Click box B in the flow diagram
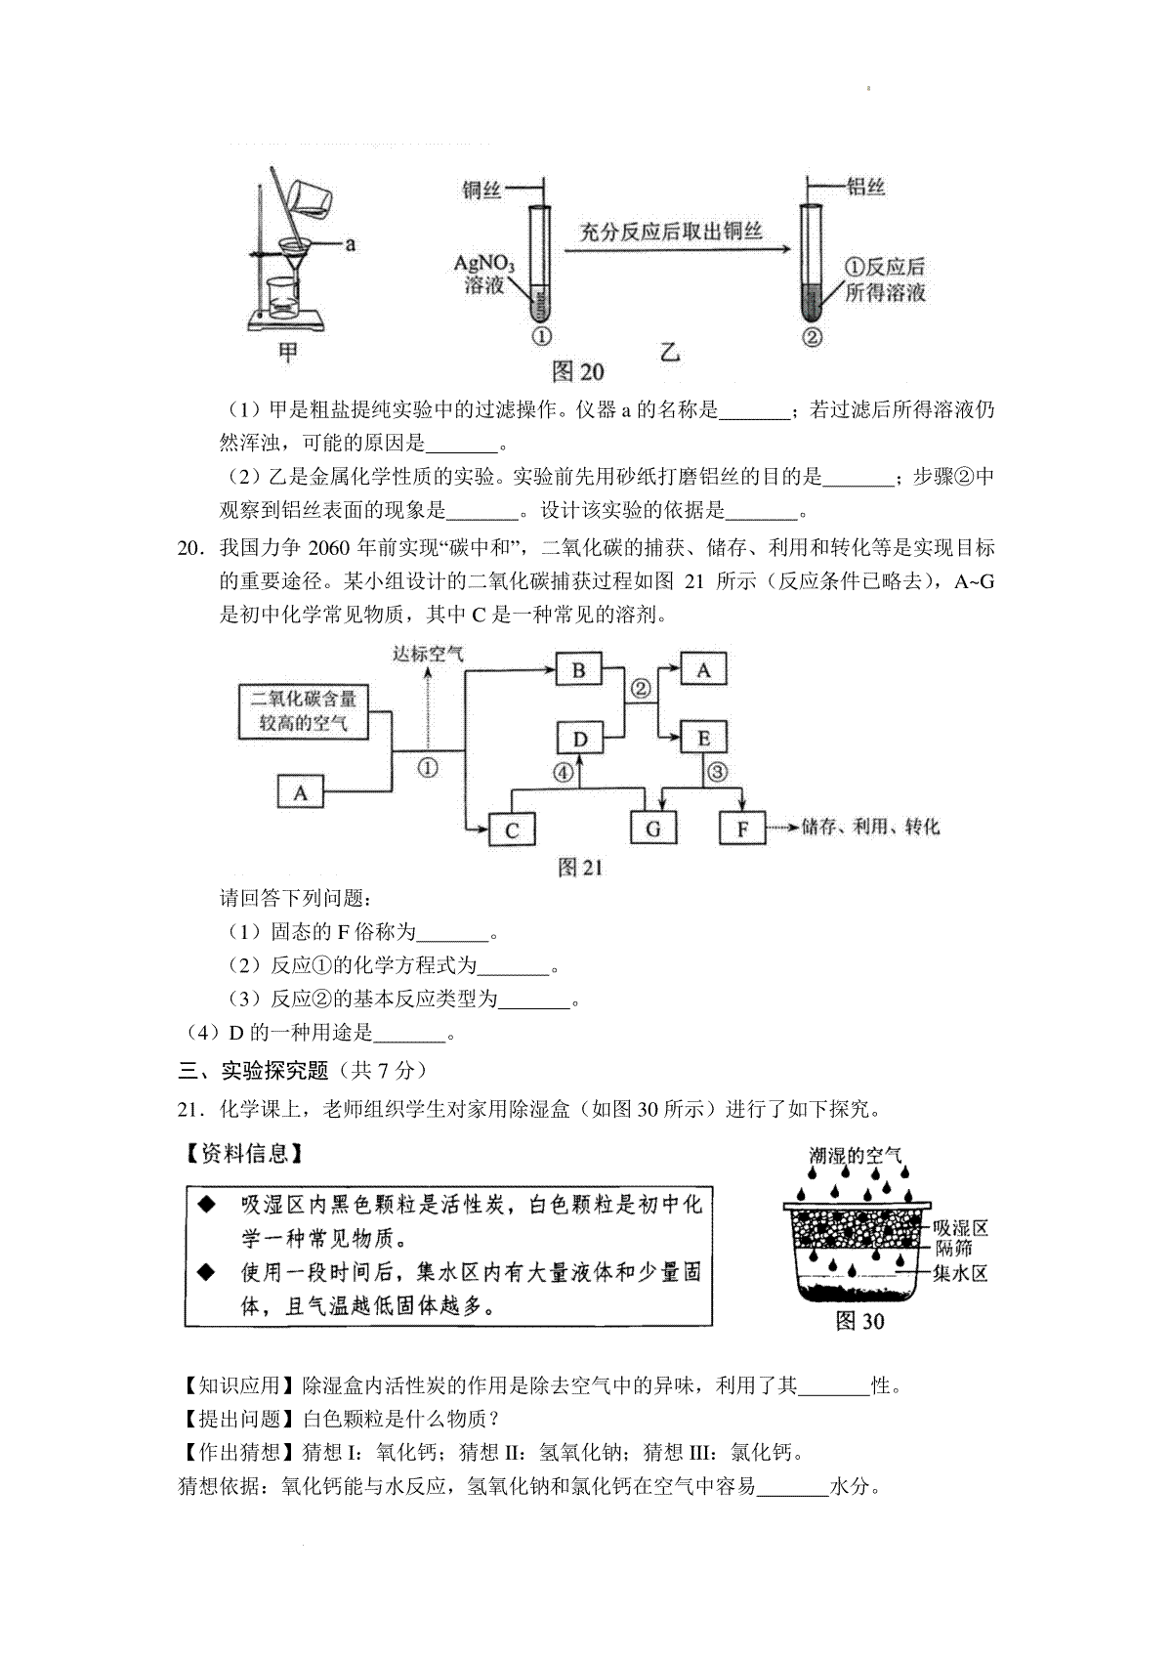pos(578,671)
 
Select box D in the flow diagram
pos(580,739)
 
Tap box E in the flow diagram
pos(703,739)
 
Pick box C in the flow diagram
pos(511,829)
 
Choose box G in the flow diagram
pos(652,829)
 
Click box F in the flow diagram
pos(742,829)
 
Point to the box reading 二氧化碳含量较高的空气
pos(304,711)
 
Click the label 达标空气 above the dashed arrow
pos(428,653)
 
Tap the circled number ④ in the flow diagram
pos(564,772)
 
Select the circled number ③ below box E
pos(718,772)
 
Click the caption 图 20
pos(578,371)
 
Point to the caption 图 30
pos(859,1321)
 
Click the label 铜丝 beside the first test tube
pos(481,191)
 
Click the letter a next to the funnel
pos(349,244)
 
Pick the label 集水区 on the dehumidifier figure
pos(960,1272)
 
